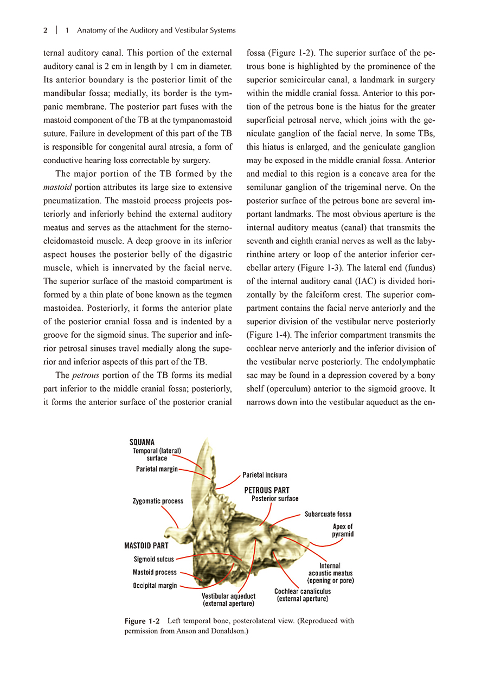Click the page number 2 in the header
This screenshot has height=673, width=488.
tap(46, 31)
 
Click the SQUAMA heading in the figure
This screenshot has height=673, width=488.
tap(142, 443)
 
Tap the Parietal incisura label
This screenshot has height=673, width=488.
tap(265, 475)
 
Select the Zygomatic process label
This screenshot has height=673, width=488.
tap(158, 501)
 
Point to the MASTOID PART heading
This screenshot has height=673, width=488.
tap(146, 546)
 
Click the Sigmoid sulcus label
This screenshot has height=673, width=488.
tap(153, 559)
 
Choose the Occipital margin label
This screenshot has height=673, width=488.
tap(155, 586)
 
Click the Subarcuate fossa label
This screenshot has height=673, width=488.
tap(328, 514)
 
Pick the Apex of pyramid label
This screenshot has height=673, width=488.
tap(343, 530)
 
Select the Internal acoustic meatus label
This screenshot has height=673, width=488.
tap(330, 573)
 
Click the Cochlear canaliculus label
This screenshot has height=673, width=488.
tap(302, 595)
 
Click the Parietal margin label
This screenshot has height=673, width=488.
tap(157, 469)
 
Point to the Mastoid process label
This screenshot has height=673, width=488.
tap(155, 572)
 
